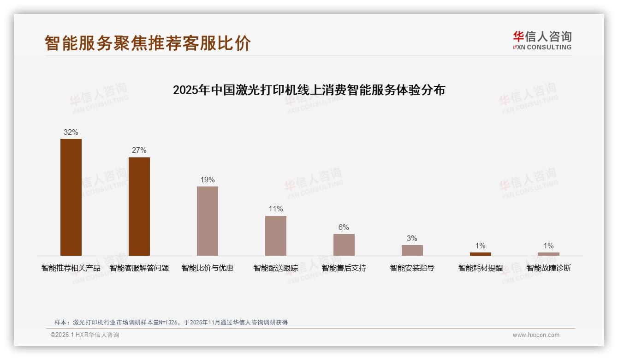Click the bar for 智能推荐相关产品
point(71,197)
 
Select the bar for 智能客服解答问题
point(139,206)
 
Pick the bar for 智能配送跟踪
point(276,235)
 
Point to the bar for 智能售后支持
point(344,245)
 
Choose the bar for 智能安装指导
point(412,250)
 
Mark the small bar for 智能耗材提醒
point(481,254)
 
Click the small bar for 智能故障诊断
point(548,254)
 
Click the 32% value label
point(71,132)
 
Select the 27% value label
point(139,150)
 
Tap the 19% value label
point(208,180)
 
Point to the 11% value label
point(276,209)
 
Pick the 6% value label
point(344,227)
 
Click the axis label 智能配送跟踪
point(276,268)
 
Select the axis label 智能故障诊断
point(549,268)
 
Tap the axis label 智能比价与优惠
point(208,268)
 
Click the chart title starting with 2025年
point(309,90)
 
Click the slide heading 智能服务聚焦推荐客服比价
point(148,43)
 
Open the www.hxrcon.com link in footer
point(536,335)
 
